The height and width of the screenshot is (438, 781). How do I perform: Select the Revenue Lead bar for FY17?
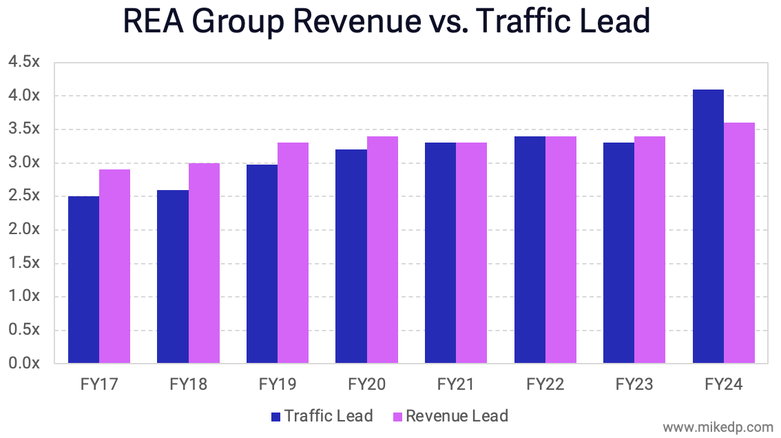pyautogui.click(x=114, y=266)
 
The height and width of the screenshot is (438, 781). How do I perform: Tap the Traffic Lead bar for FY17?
pyautogui.click(x=83, y=280)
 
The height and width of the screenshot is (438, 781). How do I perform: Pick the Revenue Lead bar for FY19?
pyautogui.click(x=293, y=253)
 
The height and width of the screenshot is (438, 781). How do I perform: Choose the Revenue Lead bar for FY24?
pyautogui.click(x=739, y=242)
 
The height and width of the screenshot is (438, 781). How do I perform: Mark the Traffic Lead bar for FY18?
pyautogui.click(x=173, y=276)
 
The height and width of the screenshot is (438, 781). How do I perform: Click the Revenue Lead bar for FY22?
pyautogui.click(x=561, y=249)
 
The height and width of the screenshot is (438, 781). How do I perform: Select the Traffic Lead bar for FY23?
pyautogui.click(x=618, y=253)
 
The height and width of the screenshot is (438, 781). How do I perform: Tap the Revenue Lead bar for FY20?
pyautogui.click(x=382, y=249)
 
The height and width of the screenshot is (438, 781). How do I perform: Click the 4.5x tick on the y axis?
pyautogui.click(x=24, y=62)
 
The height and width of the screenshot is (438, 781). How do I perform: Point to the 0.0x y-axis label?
pyautogui.click(x=24, y=363)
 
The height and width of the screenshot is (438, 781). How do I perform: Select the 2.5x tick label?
pyautogui.click(x=24, y=196)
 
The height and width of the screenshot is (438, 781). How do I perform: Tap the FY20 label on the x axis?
pyautogui.click(x=366, y=384)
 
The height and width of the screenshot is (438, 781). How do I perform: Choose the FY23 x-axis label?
pyautogui.click(x=634, y=384)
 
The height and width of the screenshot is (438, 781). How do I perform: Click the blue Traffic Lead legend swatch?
pyautogui.click(x=275, y=417)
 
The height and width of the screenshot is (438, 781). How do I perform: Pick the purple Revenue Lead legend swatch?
pyautogui.click(x=397, y=417)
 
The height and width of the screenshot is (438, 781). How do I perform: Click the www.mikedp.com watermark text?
pyautogui.click(x=716, y=426)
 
